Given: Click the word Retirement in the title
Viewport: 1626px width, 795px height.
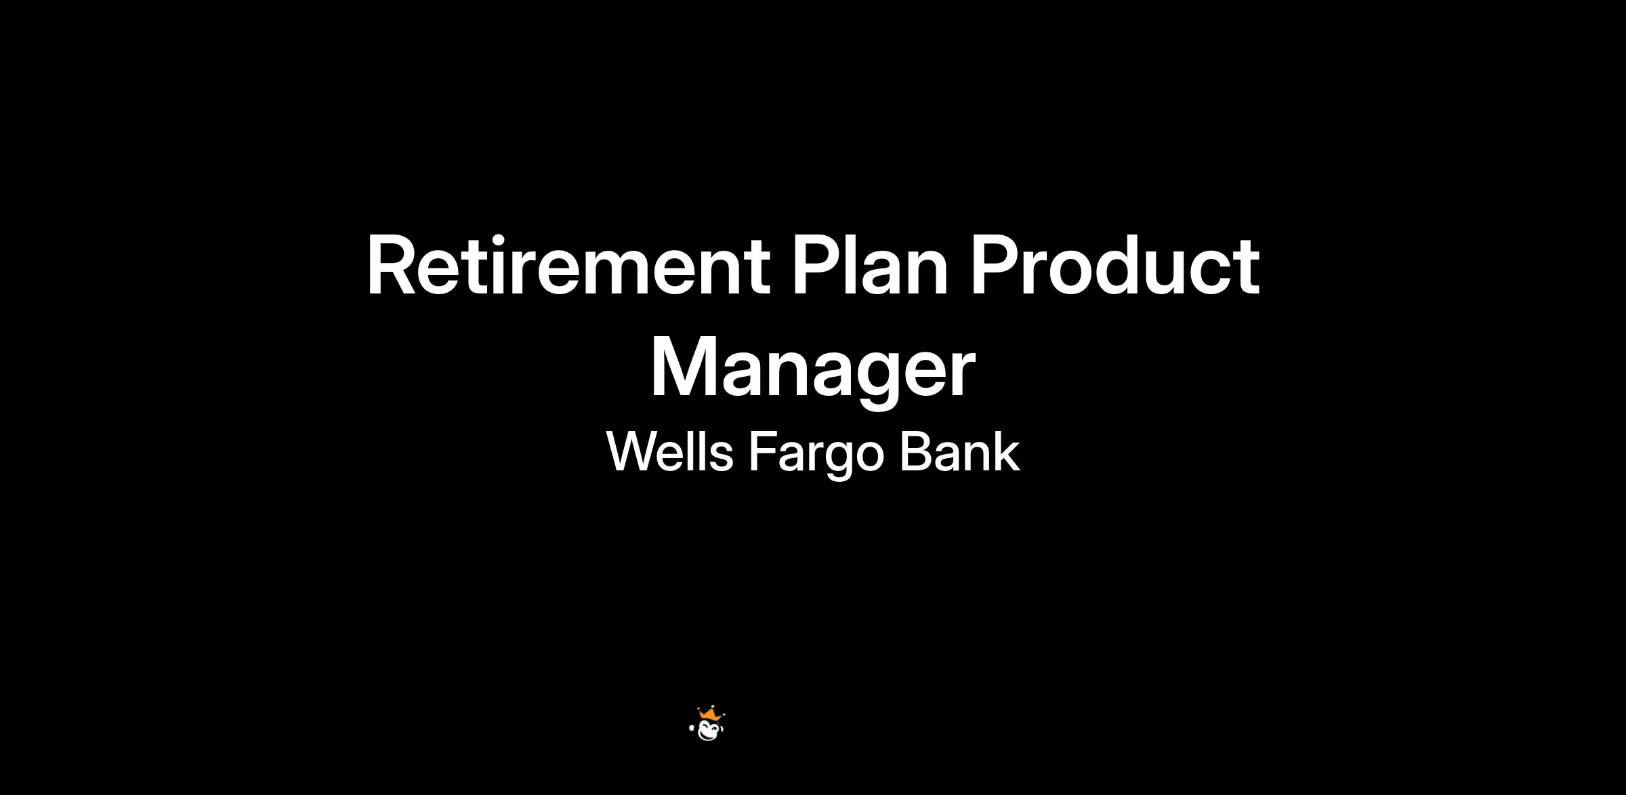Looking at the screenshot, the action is [x=568, y=265].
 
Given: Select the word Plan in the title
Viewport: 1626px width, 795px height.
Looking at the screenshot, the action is [x=871, y=265].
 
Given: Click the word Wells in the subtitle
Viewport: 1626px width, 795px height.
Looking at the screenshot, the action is [x=669, y=451].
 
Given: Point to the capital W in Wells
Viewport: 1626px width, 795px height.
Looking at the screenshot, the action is [x=633, y=452].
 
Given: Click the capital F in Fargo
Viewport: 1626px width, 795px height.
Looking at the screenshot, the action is [x=763, y=452].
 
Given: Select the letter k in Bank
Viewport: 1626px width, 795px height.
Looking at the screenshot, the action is [x=1005, y=451].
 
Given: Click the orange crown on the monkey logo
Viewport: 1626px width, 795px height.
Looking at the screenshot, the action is [x=710, y=714].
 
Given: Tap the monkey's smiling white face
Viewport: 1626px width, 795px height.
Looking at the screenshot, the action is [x=709, y=731].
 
